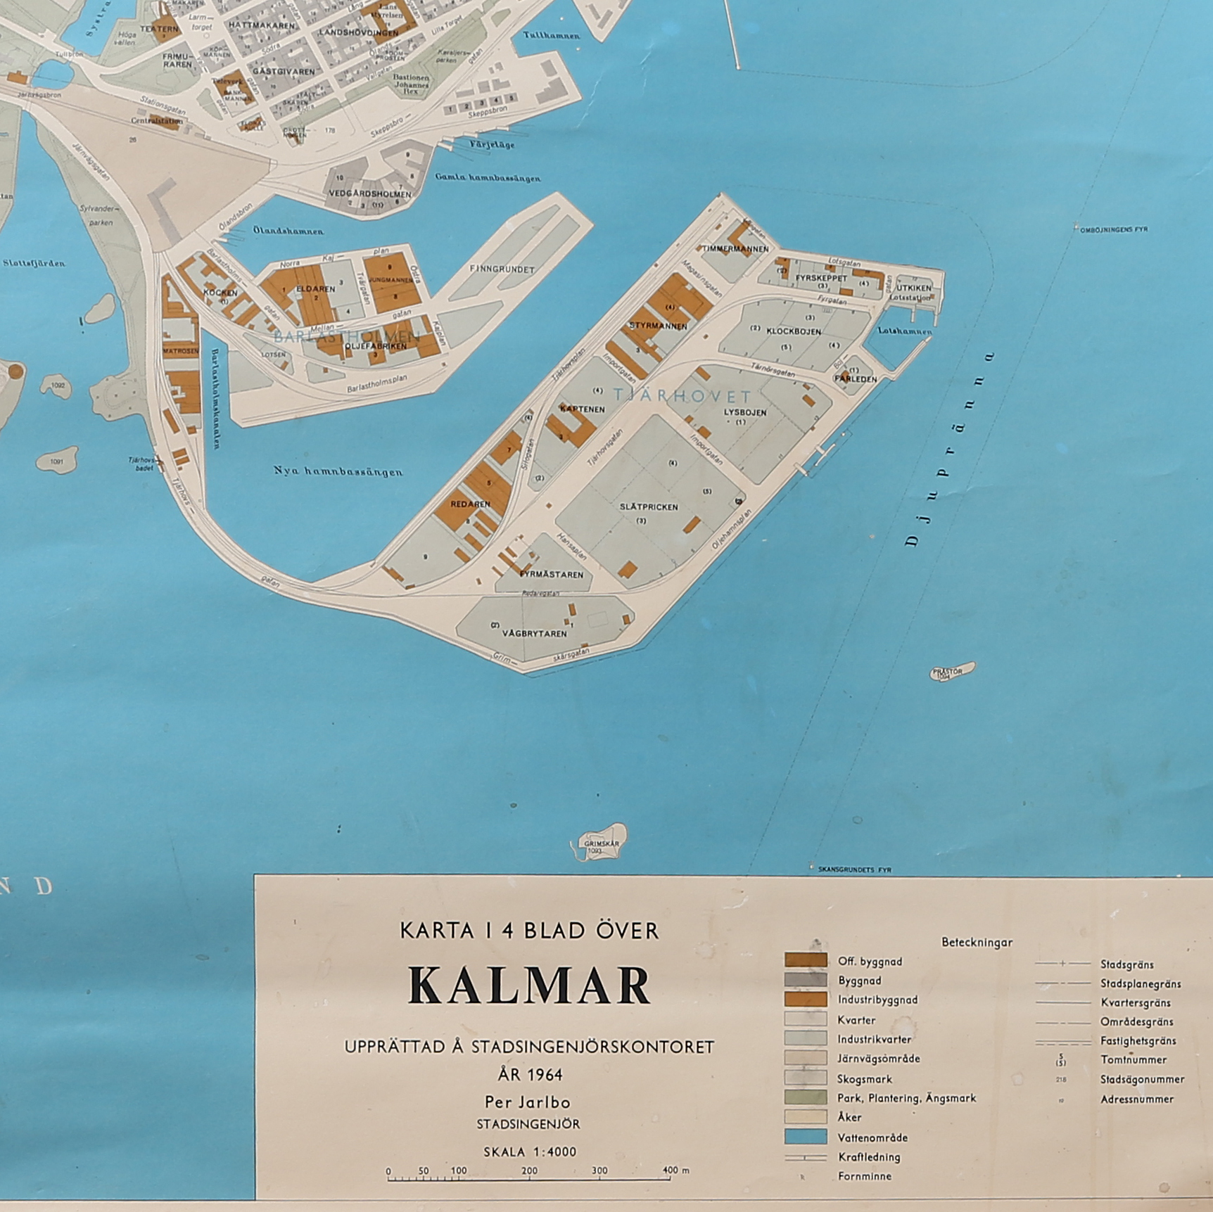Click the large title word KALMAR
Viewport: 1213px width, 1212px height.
(x=529, y=986)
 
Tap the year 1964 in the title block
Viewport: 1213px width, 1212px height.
(x=530, y=1075)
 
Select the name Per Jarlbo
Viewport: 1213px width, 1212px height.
(x=527, y=1102)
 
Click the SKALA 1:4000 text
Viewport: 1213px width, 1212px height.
(x=529, y=1152)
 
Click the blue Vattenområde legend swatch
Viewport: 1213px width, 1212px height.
(x=806, y=1137)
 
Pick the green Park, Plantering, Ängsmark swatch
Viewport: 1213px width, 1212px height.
(x=806, y=1097)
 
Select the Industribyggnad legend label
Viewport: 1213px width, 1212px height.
(x=877, y=1000)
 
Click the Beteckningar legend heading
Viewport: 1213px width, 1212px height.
(x=977, y=943)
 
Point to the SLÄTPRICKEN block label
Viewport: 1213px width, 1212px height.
(x=649, y=507)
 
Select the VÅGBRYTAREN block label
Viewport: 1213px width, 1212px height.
(x=534, y=633)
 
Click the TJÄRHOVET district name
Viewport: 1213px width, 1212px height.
(x=682, y=396)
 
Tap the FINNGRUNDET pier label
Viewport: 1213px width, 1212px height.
(x=502, y=269)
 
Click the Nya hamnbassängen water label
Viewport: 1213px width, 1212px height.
(x=338, y=471)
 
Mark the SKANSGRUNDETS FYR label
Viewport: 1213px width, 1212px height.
(x=854, y=870)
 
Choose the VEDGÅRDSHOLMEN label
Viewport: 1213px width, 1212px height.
(x=370, y=194)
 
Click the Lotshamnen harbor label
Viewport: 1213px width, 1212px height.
(x=904, y=331)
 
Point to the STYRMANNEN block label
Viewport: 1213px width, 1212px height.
(x=658, y=326)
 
